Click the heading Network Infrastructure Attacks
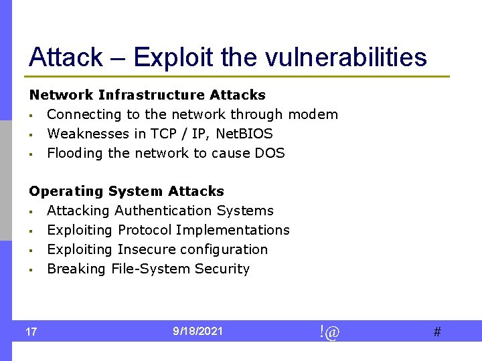(147, 95)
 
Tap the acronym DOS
(270, 153)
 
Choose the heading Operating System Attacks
(127, 191)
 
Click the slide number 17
(31, 332)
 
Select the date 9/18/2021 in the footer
(197, 331)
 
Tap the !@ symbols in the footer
(329, 332)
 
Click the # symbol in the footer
(437, 332)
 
